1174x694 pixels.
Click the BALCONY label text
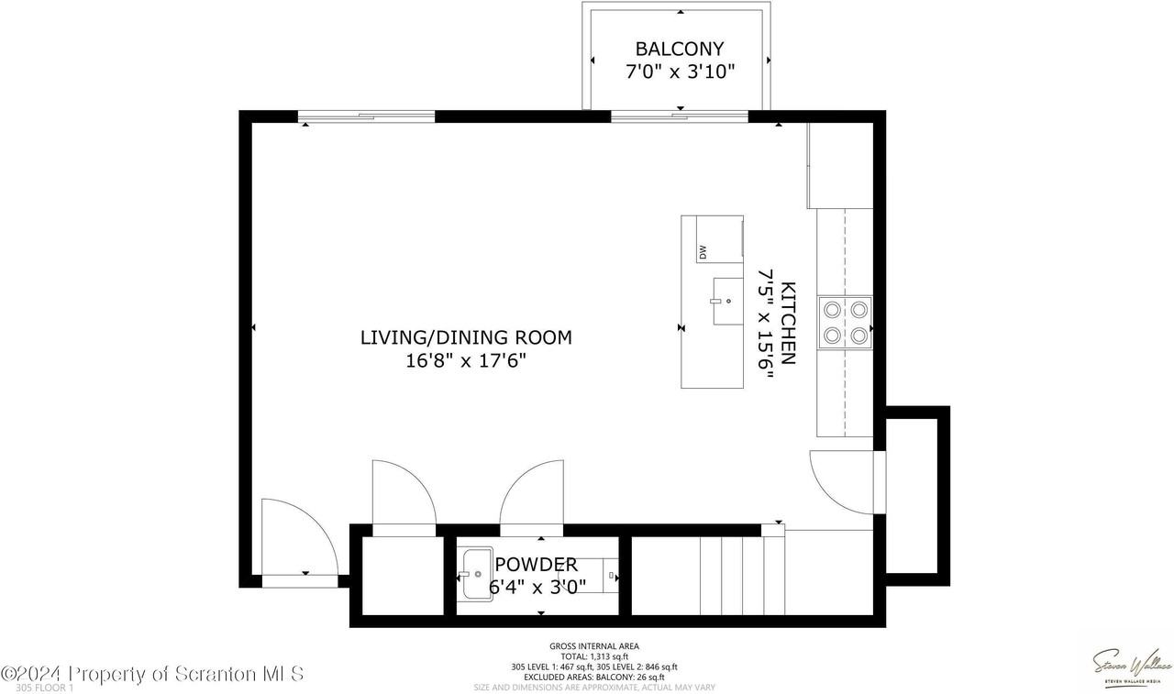680,50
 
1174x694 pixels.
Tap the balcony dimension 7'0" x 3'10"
680,72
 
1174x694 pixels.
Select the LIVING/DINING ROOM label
466,337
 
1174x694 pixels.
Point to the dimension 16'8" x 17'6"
466,361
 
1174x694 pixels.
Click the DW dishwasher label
703,252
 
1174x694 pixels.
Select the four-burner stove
845,323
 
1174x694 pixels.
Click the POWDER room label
537,565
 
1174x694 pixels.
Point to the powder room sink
476,575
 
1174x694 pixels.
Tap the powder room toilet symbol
611,576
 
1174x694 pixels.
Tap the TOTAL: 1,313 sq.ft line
594,656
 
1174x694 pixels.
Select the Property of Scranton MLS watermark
152,674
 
